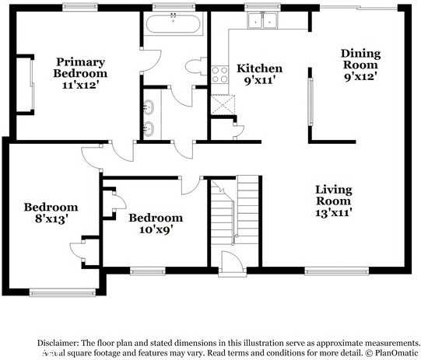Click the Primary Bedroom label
point(81,61)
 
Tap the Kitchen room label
point(259,68)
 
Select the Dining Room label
point(360,59)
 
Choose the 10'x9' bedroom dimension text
point(155,229)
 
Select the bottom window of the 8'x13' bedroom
point(51,292)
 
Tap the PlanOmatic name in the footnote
point(397,352)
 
